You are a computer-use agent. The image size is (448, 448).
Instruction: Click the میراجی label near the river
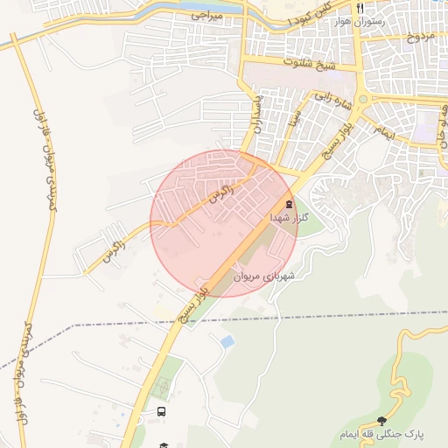(x=206, y=16)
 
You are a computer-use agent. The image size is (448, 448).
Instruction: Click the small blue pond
(x=227, y=340)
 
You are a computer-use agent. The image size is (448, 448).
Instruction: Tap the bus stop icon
(x=161, y=411)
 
